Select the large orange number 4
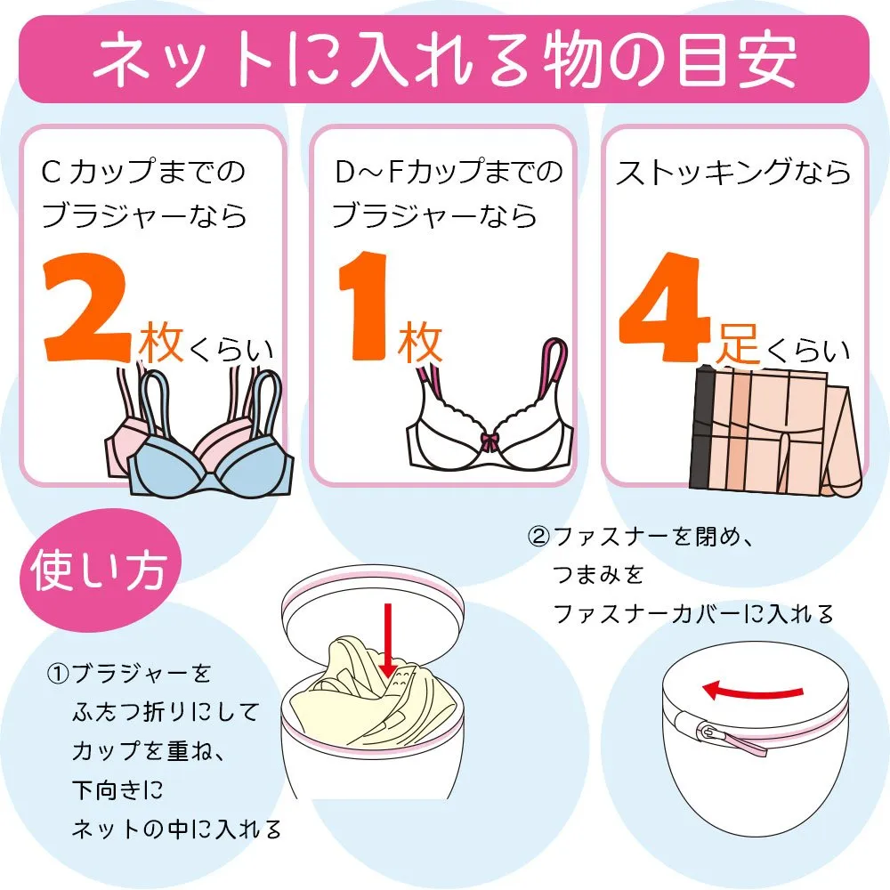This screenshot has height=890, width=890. coord(664,307)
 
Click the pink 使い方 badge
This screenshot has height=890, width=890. coord(100,570)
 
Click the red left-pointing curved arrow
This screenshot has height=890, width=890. coord(753,691)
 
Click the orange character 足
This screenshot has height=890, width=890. coord(738,344)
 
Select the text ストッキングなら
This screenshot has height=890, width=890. coord(733,172)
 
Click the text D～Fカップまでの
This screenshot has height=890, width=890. coord(449,172)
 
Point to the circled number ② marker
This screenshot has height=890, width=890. coord(538,537)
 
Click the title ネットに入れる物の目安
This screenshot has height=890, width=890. coord(445,59)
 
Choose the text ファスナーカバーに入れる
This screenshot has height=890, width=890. coord(693,614)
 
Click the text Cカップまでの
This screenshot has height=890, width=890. coord(143,172)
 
